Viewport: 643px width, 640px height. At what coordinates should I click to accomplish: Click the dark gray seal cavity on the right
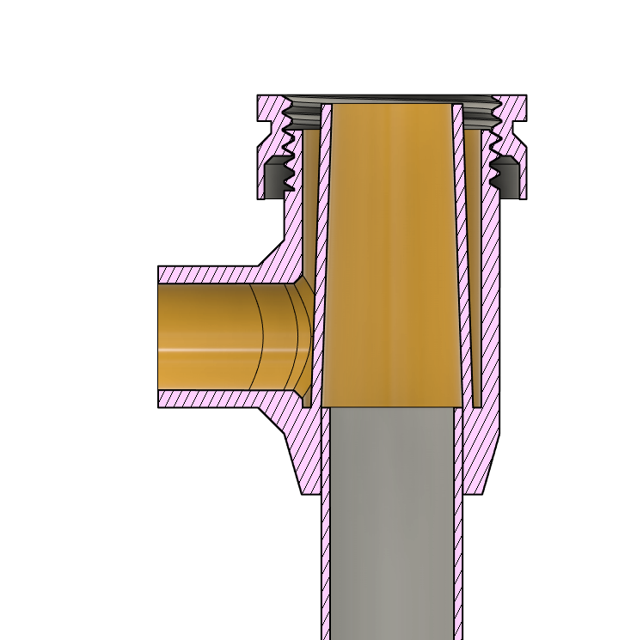pyautogui.click(x=507, y=179)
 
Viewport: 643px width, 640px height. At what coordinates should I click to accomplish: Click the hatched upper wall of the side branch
pyautogui.click(x=206, y=275)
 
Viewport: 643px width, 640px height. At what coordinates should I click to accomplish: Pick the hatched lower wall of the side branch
pyautogui.click(x=206, y=399)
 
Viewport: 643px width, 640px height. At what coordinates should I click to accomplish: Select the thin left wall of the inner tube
pyautogui.click(x=324, y=515)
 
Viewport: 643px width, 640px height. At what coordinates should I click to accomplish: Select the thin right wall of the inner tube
pyautogui.click(x=458, y=515)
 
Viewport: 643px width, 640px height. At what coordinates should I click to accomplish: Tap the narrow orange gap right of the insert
pyautogui.click(x=470, y=258)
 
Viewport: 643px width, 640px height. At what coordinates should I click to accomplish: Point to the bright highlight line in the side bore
pyautogui.click(x=206, y=350)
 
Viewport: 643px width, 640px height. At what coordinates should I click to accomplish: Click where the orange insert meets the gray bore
pyautogui.click(x=391, y=406)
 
